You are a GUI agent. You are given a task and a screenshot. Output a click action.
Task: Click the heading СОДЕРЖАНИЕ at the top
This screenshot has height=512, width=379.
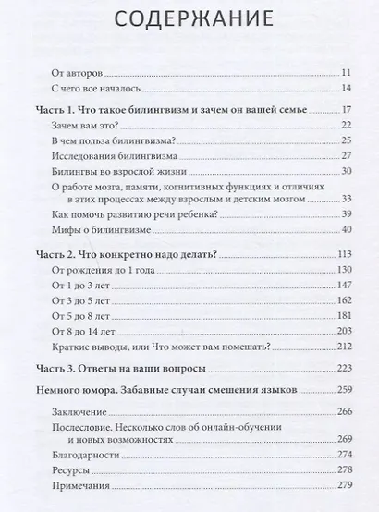(189, 21)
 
